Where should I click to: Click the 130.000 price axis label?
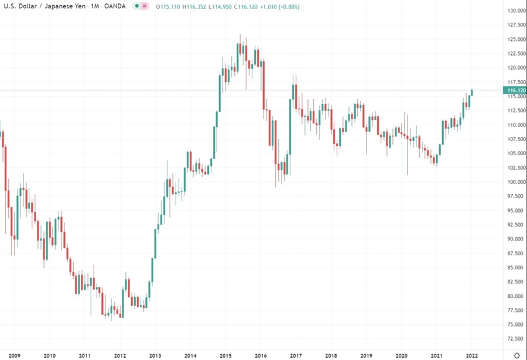click(x=516, y=11)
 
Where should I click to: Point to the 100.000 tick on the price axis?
click(x=516, y=182)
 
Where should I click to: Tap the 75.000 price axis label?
click(x=516, y=325)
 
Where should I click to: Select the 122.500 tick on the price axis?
click(x=516, y=54)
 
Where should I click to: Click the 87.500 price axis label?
click(x=516, y=253)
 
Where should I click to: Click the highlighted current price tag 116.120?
click(x=515, y=90)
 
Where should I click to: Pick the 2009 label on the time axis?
click(x=15, y=355)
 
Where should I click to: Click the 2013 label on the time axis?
click(x=155, y=355)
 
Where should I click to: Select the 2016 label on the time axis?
click(x=261, y=355)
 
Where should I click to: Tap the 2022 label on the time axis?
click(x=471, y=355)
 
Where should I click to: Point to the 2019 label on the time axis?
click(x=366, y=355)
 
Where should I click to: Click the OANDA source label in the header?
click(x=114, y=6)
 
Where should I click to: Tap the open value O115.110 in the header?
click(x=170, y=6)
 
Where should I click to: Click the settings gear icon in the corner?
click(x=516, y=355)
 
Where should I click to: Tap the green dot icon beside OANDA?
click(x=136, y=6)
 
